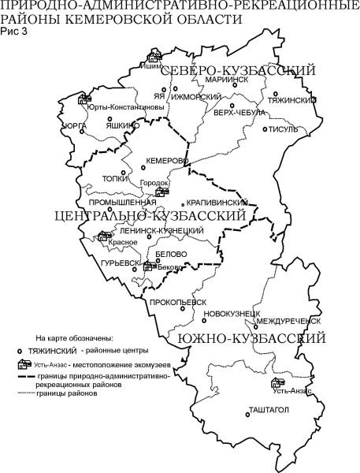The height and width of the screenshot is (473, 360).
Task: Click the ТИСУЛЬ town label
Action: click(284, 129)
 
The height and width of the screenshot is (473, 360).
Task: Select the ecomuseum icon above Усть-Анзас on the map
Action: click(277, 382)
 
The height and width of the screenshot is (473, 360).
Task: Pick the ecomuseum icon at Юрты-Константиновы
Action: click(83, 99)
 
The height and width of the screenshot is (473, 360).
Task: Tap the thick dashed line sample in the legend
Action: click(23, 377)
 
